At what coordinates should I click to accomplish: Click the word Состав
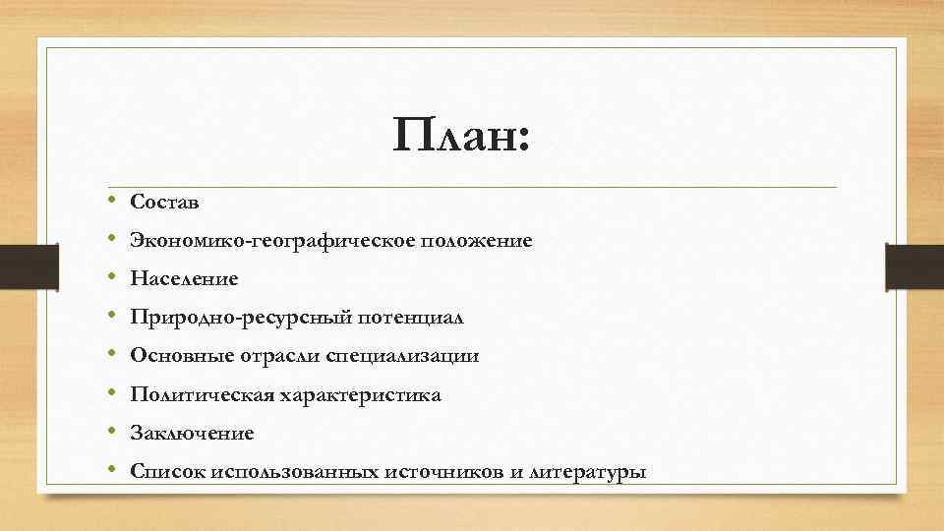(x=165, y=203)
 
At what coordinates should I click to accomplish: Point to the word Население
(x=185, y=279)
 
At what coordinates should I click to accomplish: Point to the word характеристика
(x=361, y=395)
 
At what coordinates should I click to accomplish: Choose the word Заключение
(x=193, y=434)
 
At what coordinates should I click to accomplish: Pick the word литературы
(x=587, y=473)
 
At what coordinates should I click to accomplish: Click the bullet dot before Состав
(x=114, y=202)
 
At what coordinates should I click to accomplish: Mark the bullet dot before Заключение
(x=114, y=433)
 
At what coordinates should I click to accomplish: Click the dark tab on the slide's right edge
(x=914, y=266)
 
